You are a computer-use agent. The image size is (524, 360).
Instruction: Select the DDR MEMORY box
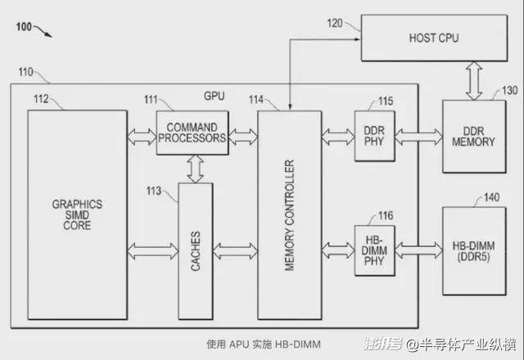tap(473, 136)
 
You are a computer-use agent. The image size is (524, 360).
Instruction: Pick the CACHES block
tap(195, 249)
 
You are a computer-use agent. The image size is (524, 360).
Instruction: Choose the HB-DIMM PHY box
tap(373, 249)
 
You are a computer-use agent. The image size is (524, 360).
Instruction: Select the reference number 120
tap(335, 23)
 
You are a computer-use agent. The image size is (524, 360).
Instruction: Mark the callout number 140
tap(491, 197)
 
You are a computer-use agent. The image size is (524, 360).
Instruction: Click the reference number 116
tap(385, 215)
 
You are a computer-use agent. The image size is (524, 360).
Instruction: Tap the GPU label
tap(214, 96)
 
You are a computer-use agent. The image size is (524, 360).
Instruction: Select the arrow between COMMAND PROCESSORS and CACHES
tap(195, 169)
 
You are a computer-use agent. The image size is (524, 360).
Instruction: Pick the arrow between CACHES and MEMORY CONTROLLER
tap(234, 248)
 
